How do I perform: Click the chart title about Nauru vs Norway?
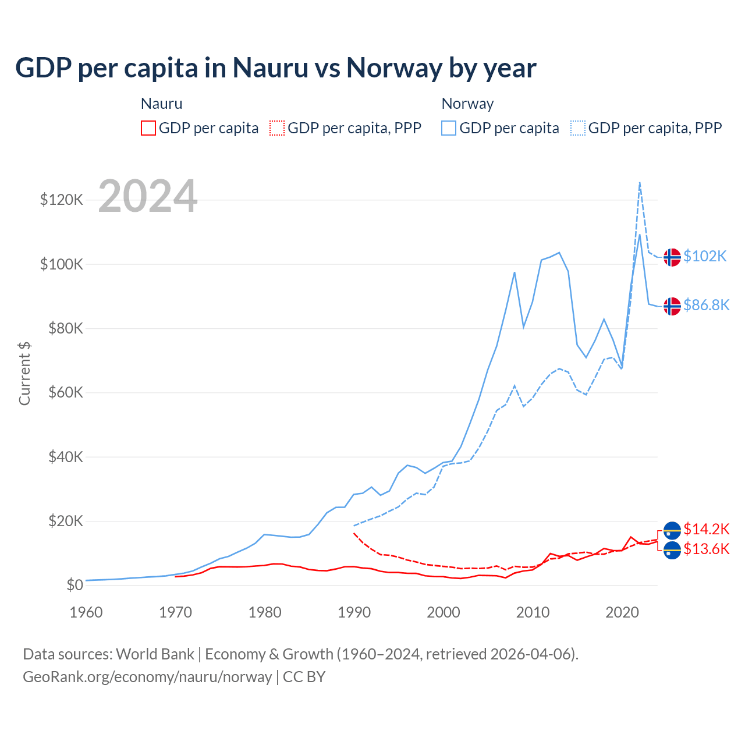coord(275,68)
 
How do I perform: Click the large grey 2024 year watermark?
coord(148,196)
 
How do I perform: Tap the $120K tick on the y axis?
coord(62,200)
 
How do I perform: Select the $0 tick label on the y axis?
coord(74,585)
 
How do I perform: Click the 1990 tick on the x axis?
coord(354,612)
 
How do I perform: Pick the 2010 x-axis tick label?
coord(533,612)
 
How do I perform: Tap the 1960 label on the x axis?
coord(86,612)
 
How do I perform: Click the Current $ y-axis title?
coord(24,373)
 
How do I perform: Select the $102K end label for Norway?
coord(705,257)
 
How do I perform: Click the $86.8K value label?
coord(706,306)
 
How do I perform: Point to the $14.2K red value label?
coord(706,529)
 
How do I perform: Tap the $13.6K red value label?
coord(706,549)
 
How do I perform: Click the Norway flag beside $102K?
coord(672,257)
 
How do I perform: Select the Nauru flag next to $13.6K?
coord(672,549)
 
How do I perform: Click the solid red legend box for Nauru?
coord(148,128)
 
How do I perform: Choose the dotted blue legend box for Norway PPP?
coord(578,128)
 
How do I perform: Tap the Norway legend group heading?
coord(467,104)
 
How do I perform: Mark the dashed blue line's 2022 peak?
coord(640,183)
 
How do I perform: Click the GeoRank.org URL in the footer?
coord(147,677)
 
